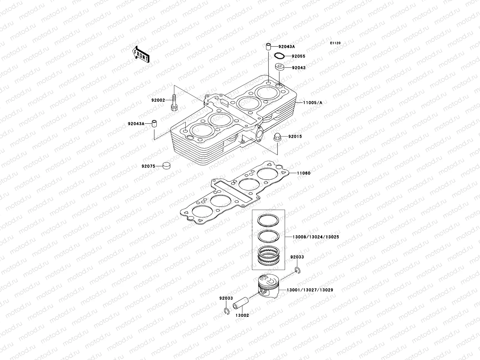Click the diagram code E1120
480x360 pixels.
(x=335, y=43)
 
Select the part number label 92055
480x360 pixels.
(x=298, y=56)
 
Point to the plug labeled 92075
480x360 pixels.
(x=166, y=165)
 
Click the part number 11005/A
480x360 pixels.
(x=312, y=103)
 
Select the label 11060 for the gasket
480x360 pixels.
(x=304, y=173)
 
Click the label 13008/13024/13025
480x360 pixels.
(x=316, y=237)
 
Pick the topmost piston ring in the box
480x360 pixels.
(x=269, y=221)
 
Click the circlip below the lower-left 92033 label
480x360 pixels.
(x=227, y=312)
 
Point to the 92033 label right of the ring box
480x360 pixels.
(x=297, y=257)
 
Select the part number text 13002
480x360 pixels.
(x=242, y=316)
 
